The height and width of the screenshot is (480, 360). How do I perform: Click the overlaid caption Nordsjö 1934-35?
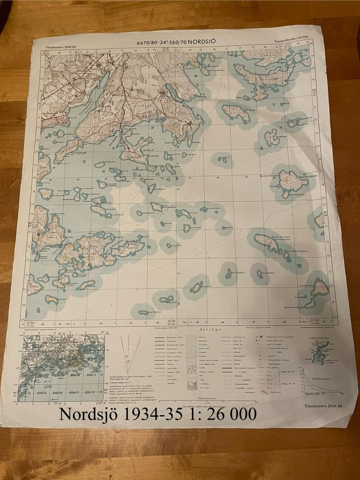(157, 414)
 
